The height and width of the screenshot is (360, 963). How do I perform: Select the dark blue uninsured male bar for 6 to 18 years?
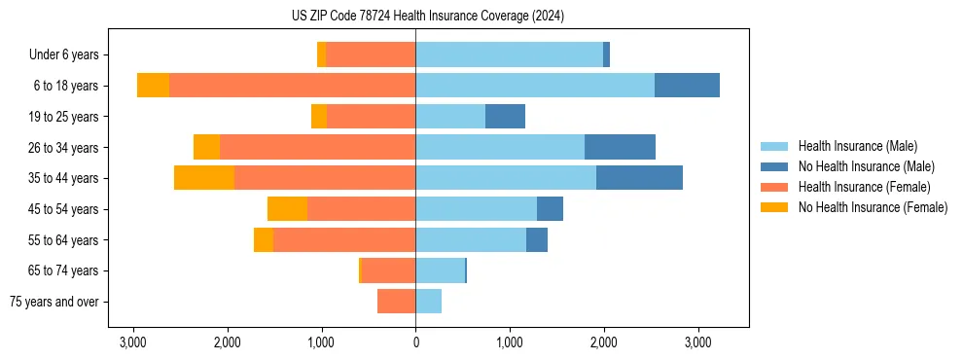[687, 86]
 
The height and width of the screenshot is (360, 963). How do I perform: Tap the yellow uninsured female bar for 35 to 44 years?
[204, 178]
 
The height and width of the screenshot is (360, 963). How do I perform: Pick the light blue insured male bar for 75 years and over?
[428, 302]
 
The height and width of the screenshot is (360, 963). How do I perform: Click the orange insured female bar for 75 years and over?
[397, 302]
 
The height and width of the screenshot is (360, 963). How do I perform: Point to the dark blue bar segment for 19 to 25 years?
[505, 117]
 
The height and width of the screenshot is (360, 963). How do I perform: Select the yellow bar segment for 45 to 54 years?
[287, 209]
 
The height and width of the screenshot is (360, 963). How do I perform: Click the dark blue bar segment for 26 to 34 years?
[620, 147]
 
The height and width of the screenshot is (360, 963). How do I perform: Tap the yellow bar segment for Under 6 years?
[322, 55]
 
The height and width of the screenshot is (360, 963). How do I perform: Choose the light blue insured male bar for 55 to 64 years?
[471, 240]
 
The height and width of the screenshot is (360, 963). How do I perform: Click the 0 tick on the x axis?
[415, 342]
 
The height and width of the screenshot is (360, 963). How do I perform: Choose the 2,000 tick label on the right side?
[603, 342]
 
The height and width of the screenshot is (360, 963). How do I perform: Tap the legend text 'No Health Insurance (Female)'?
[873, 207]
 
